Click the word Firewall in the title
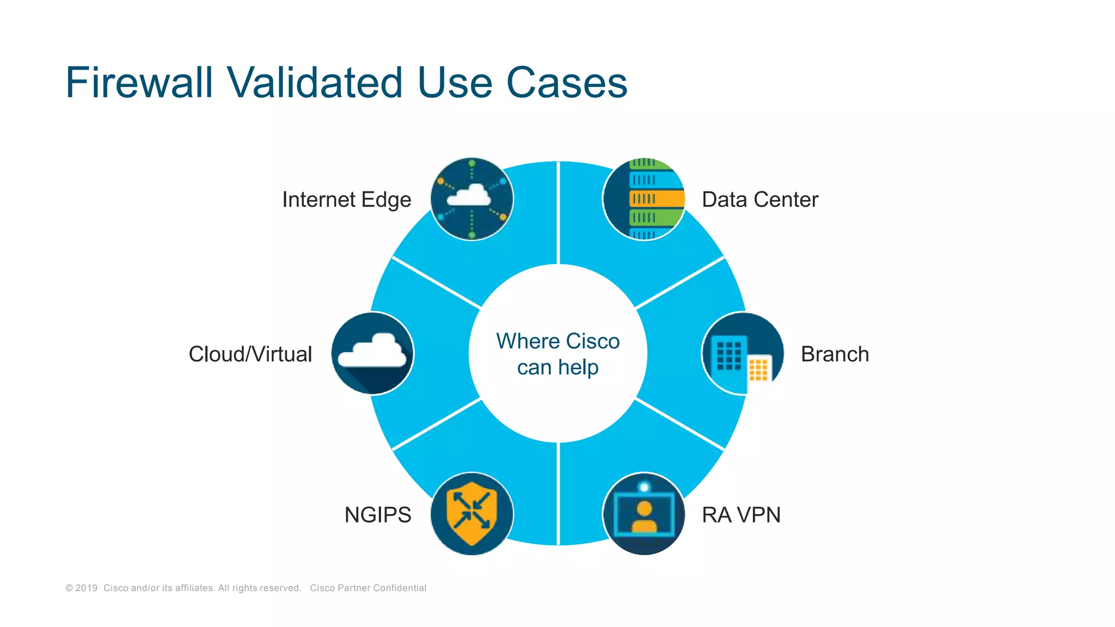tap(139, 83)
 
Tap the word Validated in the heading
tap(315, 83)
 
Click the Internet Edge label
tap(346, 200)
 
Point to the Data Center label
tap(759, 200)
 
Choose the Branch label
tap(835, 354)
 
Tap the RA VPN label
tap(741, 515)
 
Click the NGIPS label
tap(378, 515)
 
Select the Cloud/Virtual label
tap(250, 354)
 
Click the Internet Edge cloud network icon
tap(471, 199)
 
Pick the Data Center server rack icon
tap(644, 199)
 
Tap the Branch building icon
tap(743, 353)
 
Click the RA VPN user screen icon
tap(644, 514)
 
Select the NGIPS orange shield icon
tap(471, 514)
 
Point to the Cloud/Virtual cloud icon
tap(372, 353)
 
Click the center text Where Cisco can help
tap(557, 354)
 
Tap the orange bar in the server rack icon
tap(657, 199)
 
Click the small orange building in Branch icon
tap(758, 370)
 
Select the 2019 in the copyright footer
tap(86, 588)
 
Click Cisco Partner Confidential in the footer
tap(368, 588)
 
